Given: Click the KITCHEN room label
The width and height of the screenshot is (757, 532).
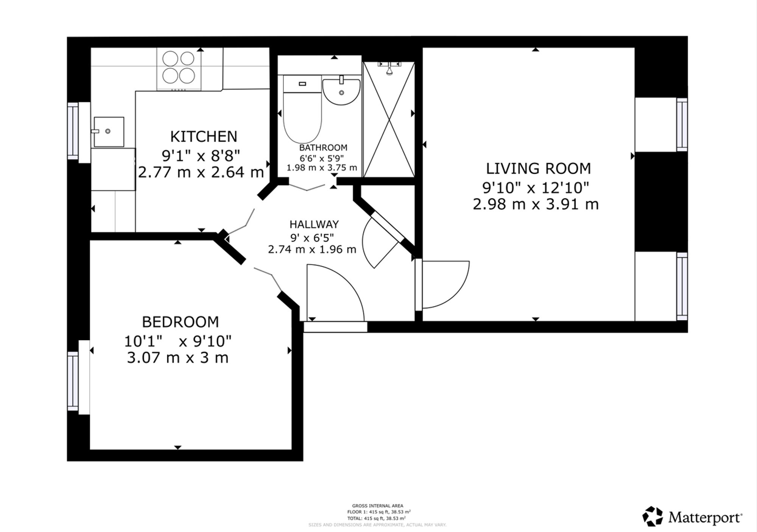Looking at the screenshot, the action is coord(204,136).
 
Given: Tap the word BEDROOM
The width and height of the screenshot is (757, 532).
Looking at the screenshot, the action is coord(181,322).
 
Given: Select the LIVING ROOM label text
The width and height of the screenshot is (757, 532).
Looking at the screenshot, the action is coord(538,168).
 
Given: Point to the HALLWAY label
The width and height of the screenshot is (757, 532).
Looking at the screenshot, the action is coord(314,225).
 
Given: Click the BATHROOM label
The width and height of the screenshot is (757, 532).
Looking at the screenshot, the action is coord(323,147).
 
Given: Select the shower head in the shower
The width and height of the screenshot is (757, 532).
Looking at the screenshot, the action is coord(389,69).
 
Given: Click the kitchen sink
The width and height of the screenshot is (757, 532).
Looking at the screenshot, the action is coord(109,132).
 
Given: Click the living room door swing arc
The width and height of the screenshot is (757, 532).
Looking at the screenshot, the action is coord(460,292).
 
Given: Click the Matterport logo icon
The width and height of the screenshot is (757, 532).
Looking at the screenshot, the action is coord(653,516).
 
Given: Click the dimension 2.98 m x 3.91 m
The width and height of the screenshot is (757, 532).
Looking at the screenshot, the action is coord(536,204).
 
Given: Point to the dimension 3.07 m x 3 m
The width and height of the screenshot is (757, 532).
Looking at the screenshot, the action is coord(178,358).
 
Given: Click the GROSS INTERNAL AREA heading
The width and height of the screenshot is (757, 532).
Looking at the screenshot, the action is coord(377,506).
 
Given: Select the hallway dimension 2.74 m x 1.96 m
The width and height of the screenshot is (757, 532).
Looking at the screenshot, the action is coord(312,250).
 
